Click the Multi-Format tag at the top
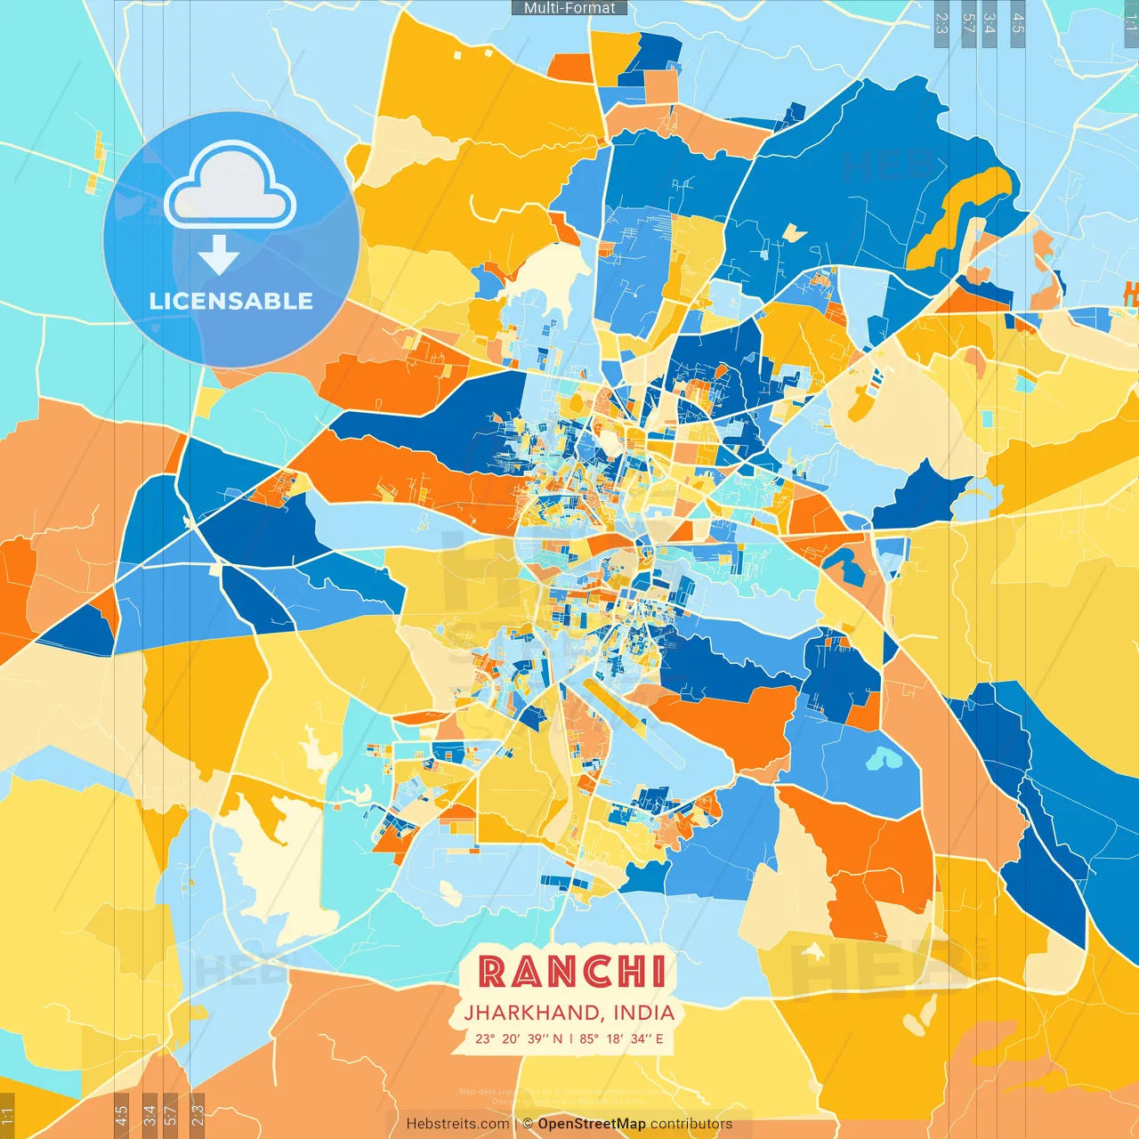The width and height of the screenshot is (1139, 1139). (569, 8)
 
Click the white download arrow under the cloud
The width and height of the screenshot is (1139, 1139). (219, 255)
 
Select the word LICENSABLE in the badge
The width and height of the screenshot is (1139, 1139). (231, 301)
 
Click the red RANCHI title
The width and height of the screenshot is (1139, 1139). (572, 972)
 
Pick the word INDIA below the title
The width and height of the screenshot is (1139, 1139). (644, 1013)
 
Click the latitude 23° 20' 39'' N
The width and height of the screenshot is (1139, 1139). (518, 1038)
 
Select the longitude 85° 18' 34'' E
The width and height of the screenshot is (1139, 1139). (622, 1038)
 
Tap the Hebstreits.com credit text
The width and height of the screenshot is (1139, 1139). (457, 1124)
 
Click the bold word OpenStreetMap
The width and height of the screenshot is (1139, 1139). (592, 1124)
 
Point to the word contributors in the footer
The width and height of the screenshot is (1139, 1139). (691, 1124)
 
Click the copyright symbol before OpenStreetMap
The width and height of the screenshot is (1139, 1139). (528, 1124)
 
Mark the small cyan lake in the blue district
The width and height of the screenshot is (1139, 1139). (880, 758)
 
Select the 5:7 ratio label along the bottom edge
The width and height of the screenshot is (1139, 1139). (170, 1115)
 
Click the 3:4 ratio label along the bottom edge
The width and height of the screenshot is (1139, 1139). (149, 1115)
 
